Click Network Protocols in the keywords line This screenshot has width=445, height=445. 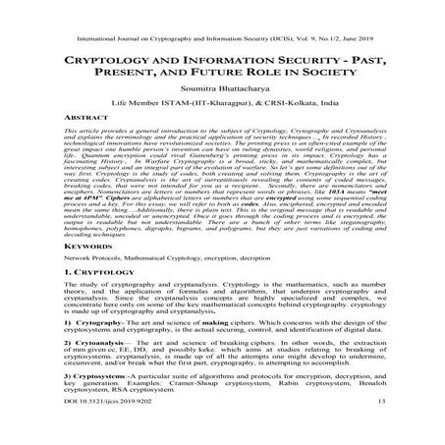point(96,257)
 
